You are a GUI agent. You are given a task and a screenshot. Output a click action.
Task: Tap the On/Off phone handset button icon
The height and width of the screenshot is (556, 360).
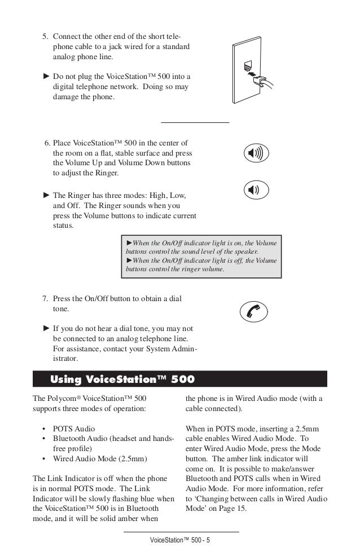click(253, 311)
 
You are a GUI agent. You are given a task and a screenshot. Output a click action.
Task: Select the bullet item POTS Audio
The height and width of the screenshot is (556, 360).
click(73, 429)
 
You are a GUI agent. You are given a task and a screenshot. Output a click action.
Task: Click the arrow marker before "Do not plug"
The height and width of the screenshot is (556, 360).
click(46, 76)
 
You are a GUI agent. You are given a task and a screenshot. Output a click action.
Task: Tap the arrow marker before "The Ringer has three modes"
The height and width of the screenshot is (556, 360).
click(46, 195)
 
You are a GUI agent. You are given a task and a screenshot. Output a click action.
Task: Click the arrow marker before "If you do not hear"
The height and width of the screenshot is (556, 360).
click(46, 328)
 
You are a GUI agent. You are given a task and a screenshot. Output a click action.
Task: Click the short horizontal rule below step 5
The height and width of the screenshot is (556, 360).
click(195, 122)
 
